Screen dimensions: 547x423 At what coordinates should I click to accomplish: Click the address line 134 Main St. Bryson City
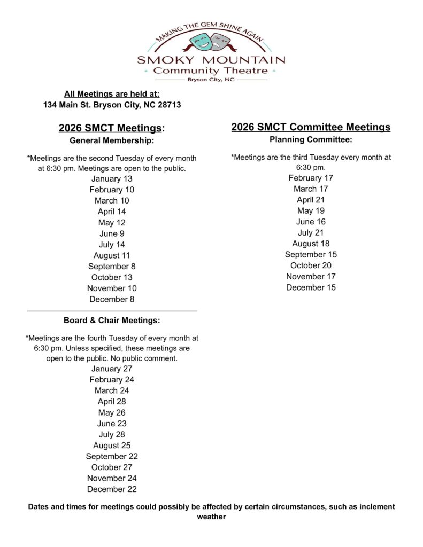coord(112,105)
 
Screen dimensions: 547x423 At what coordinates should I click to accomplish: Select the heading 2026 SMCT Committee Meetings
coord(311,127)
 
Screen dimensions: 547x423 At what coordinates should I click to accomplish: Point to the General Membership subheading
coord(112,141)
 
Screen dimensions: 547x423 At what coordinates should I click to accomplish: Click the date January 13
coord(112,179)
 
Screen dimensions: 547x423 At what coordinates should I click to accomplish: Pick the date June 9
coord(112,233)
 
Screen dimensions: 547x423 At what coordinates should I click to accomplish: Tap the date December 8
coord(112,299)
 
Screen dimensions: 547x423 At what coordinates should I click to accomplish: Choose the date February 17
coord(311,178)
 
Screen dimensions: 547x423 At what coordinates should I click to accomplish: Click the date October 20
coord(311,265)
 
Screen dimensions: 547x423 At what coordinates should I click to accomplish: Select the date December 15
coord(311,287)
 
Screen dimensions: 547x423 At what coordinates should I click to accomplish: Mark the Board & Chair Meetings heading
coord(112,321)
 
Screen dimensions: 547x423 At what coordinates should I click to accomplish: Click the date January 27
coord(112,369)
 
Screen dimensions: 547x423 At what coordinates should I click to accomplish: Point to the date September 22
coord(112,456)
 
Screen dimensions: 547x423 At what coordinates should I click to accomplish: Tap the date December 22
coord(112,489)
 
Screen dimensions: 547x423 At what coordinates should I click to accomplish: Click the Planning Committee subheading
coord(311,140)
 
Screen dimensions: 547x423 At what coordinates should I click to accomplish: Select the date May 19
coord(311,210)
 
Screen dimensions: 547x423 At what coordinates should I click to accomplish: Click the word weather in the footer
coord(211,517)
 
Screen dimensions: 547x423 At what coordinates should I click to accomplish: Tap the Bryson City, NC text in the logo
coord(211,80)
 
